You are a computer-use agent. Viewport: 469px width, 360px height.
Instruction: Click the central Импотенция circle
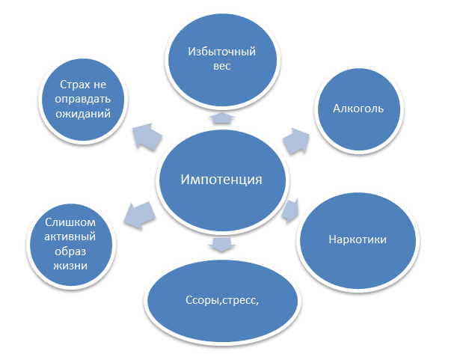222,180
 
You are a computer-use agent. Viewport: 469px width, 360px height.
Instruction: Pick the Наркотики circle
357,240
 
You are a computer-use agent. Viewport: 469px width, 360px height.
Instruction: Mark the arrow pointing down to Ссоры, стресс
221,245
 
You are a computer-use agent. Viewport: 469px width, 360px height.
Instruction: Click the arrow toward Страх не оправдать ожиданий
149,135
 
